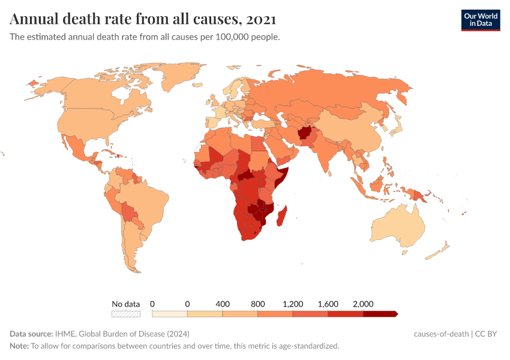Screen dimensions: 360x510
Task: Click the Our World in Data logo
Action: point(480,20)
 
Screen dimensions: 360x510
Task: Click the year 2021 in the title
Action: point(261,19)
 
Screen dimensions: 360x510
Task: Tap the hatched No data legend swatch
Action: point(125,314)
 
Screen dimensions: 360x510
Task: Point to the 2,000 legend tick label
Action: point(363,304)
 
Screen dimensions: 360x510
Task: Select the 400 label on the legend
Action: point(223,304)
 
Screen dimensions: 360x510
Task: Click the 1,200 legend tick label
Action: point(293,304)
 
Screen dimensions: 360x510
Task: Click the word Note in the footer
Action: point(19,346)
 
